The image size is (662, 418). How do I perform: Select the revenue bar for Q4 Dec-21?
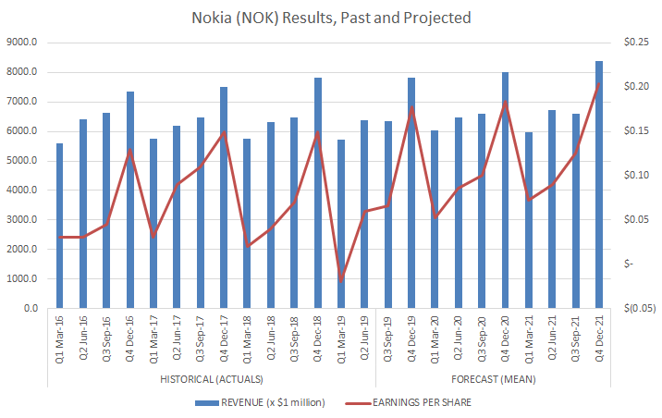coord(599,185)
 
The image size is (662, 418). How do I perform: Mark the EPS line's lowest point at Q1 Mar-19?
coord(341,279)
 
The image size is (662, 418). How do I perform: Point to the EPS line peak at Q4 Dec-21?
coord(599,83)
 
